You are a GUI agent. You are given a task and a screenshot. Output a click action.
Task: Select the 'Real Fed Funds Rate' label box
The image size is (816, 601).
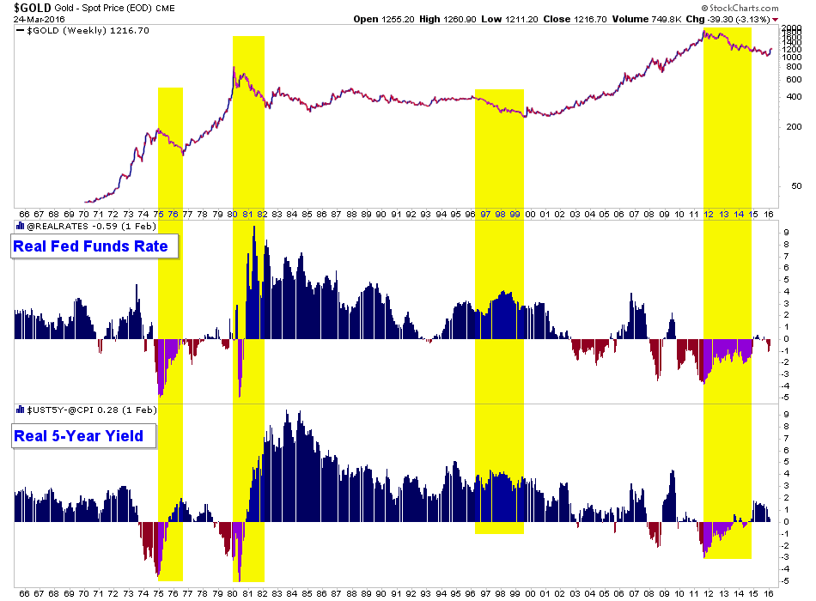click(x=95, y=248)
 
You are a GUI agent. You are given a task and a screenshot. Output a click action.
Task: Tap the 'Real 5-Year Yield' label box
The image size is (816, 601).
click(x=84, y=436)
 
